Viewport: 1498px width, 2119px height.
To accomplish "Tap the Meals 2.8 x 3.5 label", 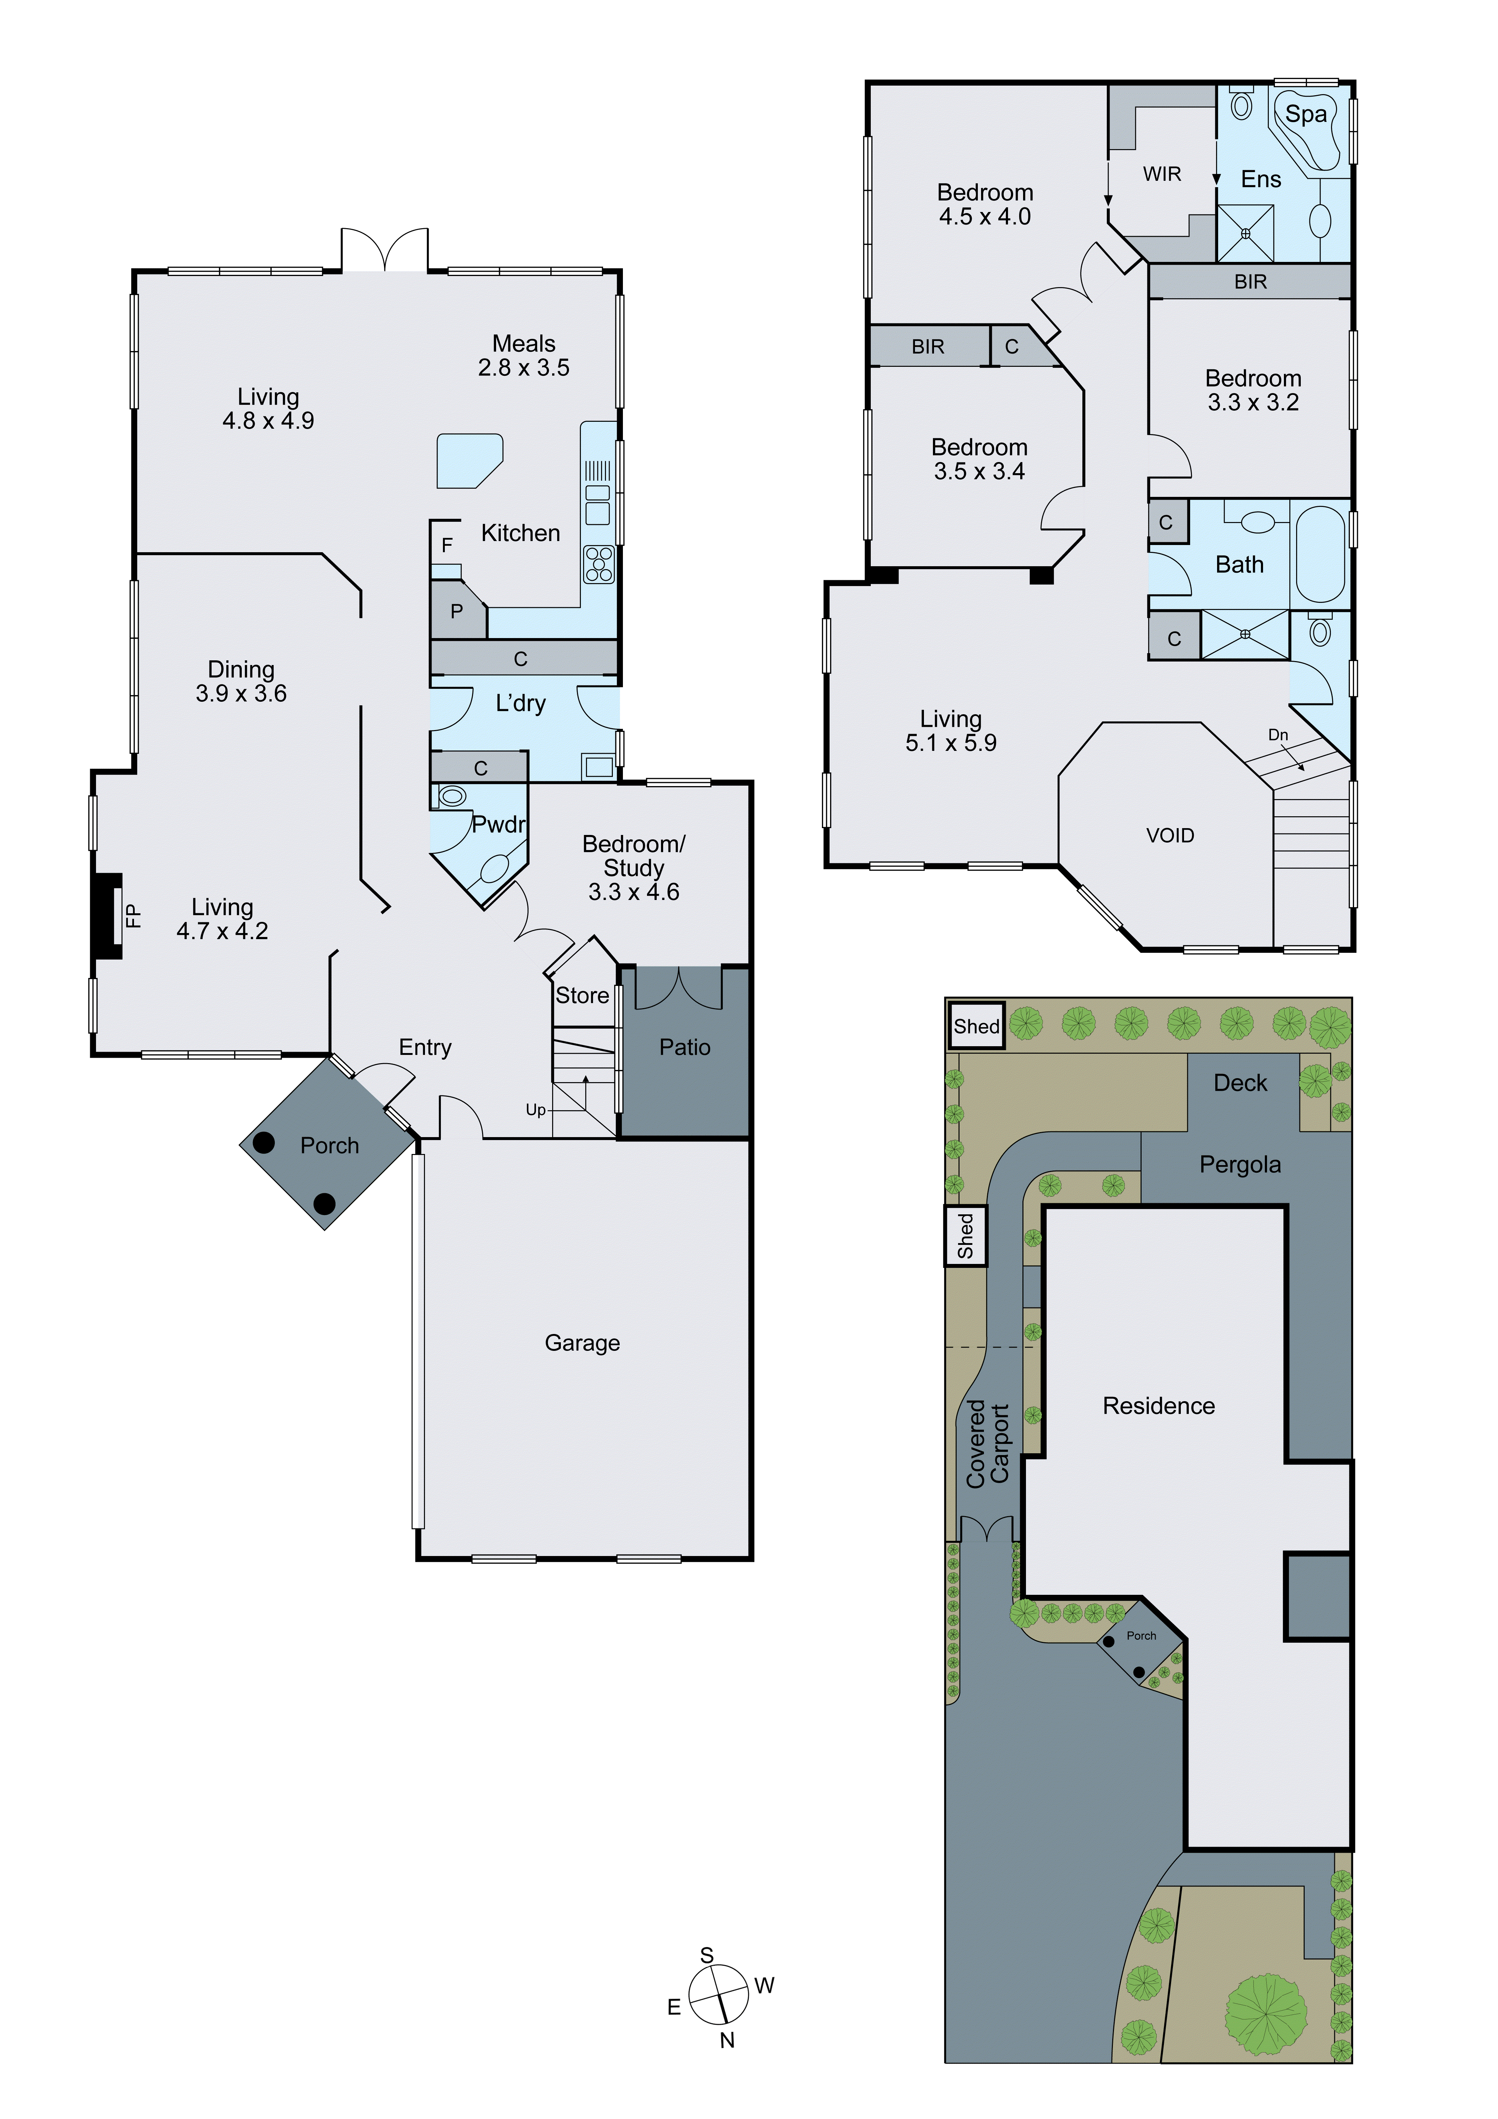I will point(523,355).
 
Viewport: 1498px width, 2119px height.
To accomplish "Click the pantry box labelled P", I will point(457,611).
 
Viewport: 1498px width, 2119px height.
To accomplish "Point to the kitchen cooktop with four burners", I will point(598,564).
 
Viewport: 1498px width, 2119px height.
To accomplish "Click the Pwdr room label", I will point(498,824).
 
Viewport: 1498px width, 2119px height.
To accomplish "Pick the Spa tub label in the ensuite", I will point(1306,115).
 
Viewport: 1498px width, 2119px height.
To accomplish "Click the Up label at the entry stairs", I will point(535,1110).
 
